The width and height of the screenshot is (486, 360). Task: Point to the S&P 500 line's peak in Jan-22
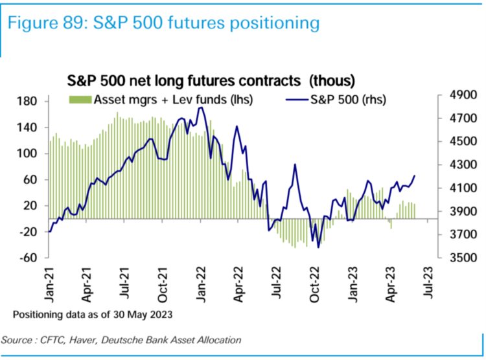[202, 107]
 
